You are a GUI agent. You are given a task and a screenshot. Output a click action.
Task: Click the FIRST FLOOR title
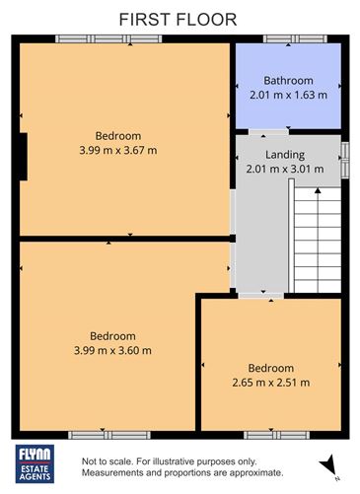(x=180, y=18)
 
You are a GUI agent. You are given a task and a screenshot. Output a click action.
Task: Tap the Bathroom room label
(x=287, y=80)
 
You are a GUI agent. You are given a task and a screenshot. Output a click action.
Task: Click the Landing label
(x=285, y=155)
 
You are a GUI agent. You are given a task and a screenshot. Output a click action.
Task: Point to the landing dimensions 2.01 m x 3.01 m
(x=285, y=169)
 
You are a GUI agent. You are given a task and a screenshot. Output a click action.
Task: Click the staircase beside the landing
(x=317, y=237)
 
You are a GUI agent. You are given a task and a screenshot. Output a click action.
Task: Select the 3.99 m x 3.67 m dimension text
(x=117, y=150)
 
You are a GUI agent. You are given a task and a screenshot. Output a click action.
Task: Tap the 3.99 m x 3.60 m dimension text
(x=112, y=349)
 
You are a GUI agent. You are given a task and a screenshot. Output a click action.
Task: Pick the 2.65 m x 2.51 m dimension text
(x=270, y=383)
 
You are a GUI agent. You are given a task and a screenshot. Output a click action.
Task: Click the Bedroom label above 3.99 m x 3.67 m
(x=117, y=136)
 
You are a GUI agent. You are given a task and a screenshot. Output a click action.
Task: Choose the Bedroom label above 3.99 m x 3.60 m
(x=112, y=335)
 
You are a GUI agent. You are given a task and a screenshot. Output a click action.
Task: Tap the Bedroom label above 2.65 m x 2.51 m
(x=270, y=369)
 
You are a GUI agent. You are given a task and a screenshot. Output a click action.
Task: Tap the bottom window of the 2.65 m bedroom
(x=270, y=434)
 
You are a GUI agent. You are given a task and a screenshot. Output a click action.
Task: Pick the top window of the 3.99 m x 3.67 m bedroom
(x=108, y=38)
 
